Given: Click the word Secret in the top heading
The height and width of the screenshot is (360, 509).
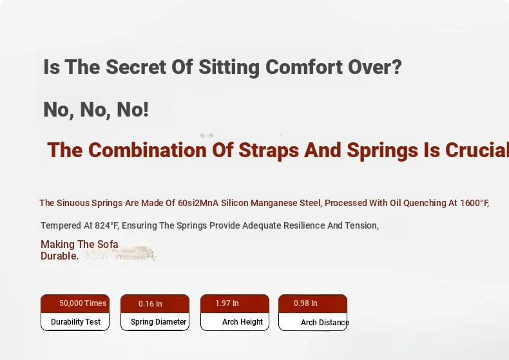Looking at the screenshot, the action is coord(136,67).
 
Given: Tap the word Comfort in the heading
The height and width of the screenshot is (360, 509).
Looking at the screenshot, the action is coord(304,67).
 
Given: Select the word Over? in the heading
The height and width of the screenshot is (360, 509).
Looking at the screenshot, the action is coord(375,67).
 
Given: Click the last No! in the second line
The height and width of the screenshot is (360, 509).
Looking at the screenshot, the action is coord(133,109).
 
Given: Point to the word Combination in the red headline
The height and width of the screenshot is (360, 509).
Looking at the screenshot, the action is coord(148,150).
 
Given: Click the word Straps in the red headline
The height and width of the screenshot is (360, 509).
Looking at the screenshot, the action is coord(269,151).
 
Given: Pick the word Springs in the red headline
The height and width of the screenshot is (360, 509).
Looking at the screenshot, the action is coord(383,151).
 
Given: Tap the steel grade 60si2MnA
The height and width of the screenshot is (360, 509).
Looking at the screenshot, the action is coord(198,203).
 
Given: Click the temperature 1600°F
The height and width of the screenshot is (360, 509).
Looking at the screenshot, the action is coord(475,203).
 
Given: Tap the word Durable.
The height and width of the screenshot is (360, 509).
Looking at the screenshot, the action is coord(59,256).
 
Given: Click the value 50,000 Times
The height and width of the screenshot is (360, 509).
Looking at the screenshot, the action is coord(82,303).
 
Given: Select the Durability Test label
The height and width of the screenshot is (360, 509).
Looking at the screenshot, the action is coord(75,322).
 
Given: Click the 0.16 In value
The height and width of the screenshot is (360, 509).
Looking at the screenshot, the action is coord(150,304).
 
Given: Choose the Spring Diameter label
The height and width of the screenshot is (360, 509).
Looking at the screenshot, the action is coord(158,322).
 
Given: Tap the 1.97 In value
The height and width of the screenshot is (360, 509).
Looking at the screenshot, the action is coord(227,303).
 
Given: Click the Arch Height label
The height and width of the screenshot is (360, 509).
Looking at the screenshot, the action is coord(242,322).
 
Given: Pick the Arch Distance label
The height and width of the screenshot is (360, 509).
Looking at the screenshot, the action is coord(325,323).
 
